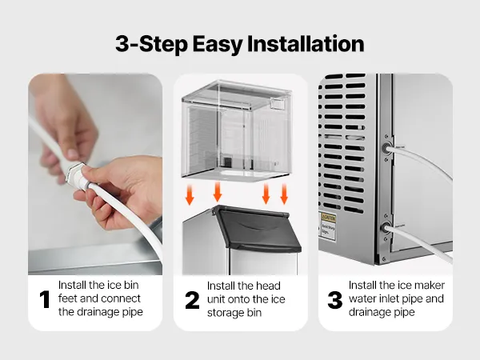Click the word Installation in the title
point(306,44)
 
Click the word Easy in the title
point(218,45)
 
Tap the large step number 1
point(45,299)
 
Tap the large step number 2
point(192,300)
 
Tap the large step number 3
point(335,300)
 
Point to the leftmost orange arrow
point(190,194)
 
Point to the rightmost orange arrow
point(284,194)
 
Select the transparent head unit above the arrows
point(236,130)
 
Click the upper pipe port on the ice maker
point(387,148)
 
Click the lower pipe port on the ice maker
point(385,228)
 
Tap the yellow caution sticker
point(328,218)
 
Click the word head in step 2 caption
point(268,286)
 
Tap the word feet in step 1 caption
point(66,298)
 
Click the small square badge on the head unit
point(278,103)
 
